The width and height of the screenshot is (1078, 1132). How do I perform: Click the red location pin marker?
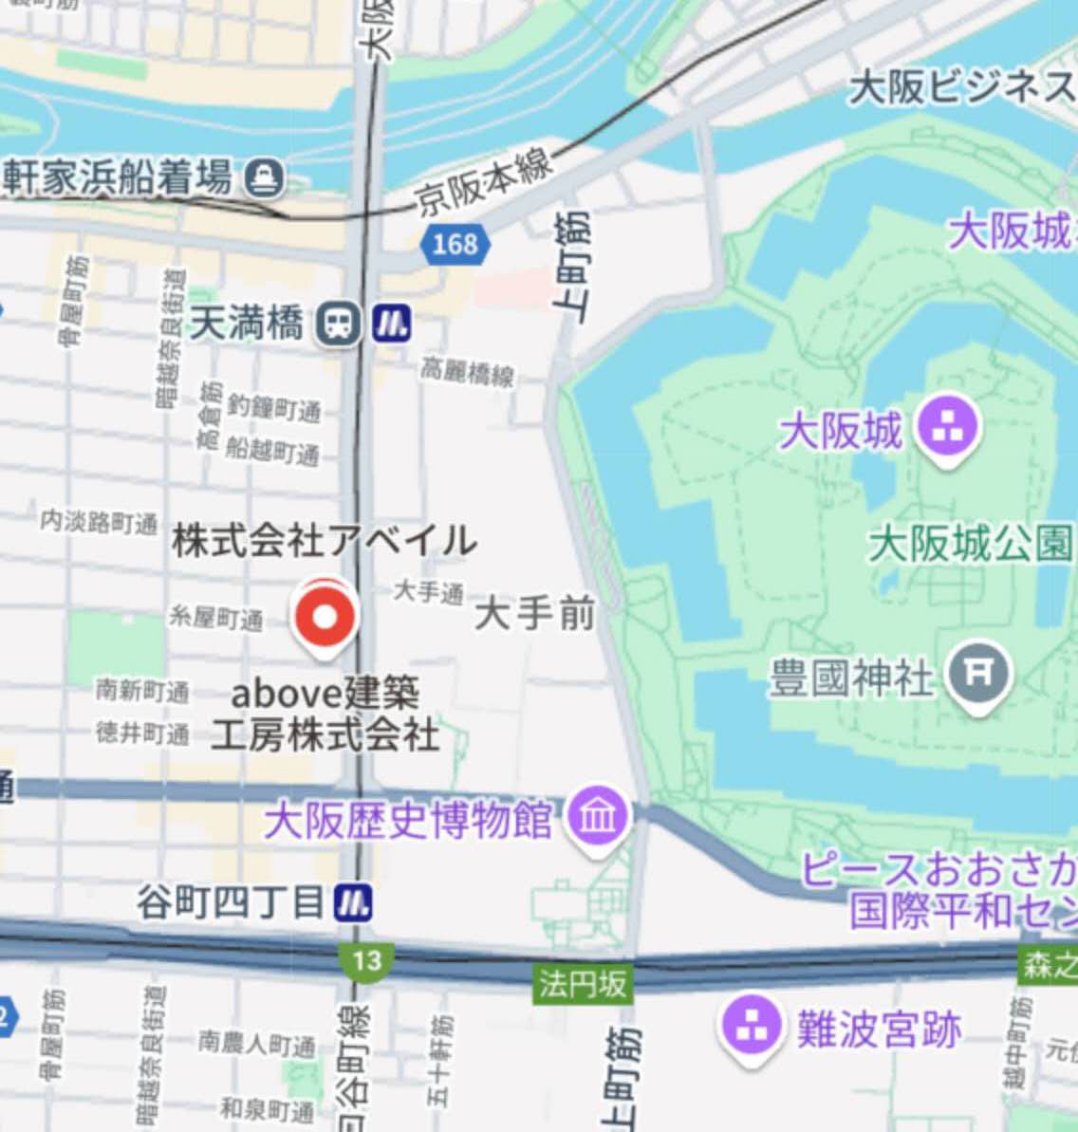(325, 618)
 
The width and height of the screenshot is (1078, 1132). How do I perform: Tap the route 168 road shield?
(455, 245)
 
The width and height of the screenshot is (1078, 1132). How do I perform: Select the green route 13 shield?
(365, 961)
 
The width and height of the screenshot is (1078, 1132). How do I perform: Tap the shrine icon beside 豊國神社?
(978, 674)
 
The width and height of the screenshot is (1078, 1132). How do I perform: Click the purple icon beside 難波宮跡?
(751, 1028)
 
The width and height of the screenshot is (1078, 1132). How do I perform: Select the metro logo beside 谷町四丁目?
(353, 902)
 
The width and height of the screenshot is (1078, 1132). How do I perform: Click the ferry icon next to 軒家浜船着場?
(264, 177)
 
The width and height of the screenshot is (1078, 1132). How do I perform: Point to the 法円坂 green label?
(583, 984)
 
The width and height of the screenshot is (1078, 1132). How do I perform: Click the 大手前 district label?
(534, 614)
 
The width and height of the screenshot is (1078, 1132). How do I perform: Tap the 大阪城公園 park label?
(970, 545)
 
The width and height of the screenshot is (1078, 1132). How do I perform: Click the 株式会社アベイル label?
(324, 541)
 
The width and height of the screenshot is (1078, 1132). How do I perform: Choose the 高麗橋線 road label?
(468, 373)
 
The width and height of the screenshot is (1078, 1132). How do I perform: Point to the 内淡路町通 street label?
(99, 522)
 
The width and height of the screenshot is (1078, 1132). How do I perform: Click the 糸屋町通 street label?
(215, 619)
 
